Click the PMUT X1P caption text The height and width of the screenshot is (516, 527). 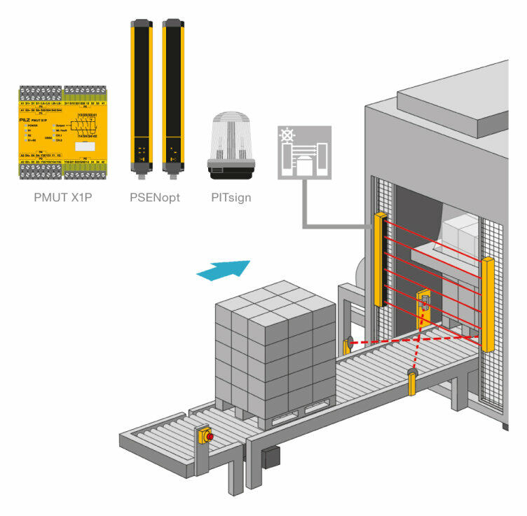pos(64,197)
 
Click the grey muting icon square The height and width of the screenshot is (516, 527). pos(303,151)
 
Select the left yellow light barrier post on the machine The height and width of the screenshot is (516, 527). pos(381,259)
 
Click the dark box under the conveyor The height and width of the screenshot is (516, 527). pos(271,458)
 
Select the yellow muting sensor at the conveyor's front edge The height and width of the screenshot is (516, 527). pos(412,382)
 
